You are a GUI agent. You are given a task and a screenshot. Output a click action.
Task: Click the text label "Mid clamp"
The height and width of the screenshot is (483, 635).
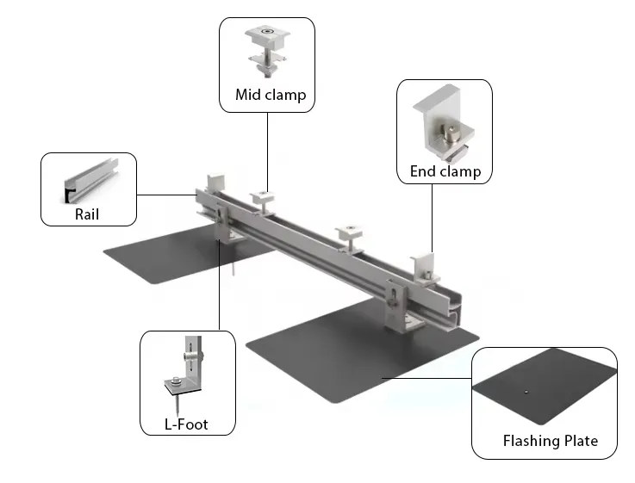point(270,95)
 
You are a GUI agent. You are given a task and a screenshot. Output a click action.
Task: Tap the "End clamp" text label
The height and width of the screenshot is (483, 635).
point(445,170)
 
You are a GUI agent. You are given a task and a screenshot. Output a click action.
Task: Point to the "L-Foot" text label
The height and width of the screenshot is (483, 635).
point(186,424)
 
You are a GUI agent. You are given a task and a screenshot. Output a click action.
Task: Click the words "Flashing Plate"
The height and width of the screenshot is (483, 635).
point(550,441)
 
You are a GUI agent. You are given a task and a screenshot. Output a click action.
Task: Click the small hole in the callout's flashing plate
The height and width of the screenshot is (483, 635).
point(526,393)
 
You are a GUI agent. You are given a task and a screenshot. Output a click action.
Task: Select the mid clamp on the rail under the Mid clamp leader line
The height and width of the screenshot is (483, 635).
point(265,199)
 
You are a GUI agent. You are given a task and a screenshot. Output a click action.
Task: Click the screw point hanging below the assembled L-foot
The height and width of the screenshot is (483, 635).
point(233,270)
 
